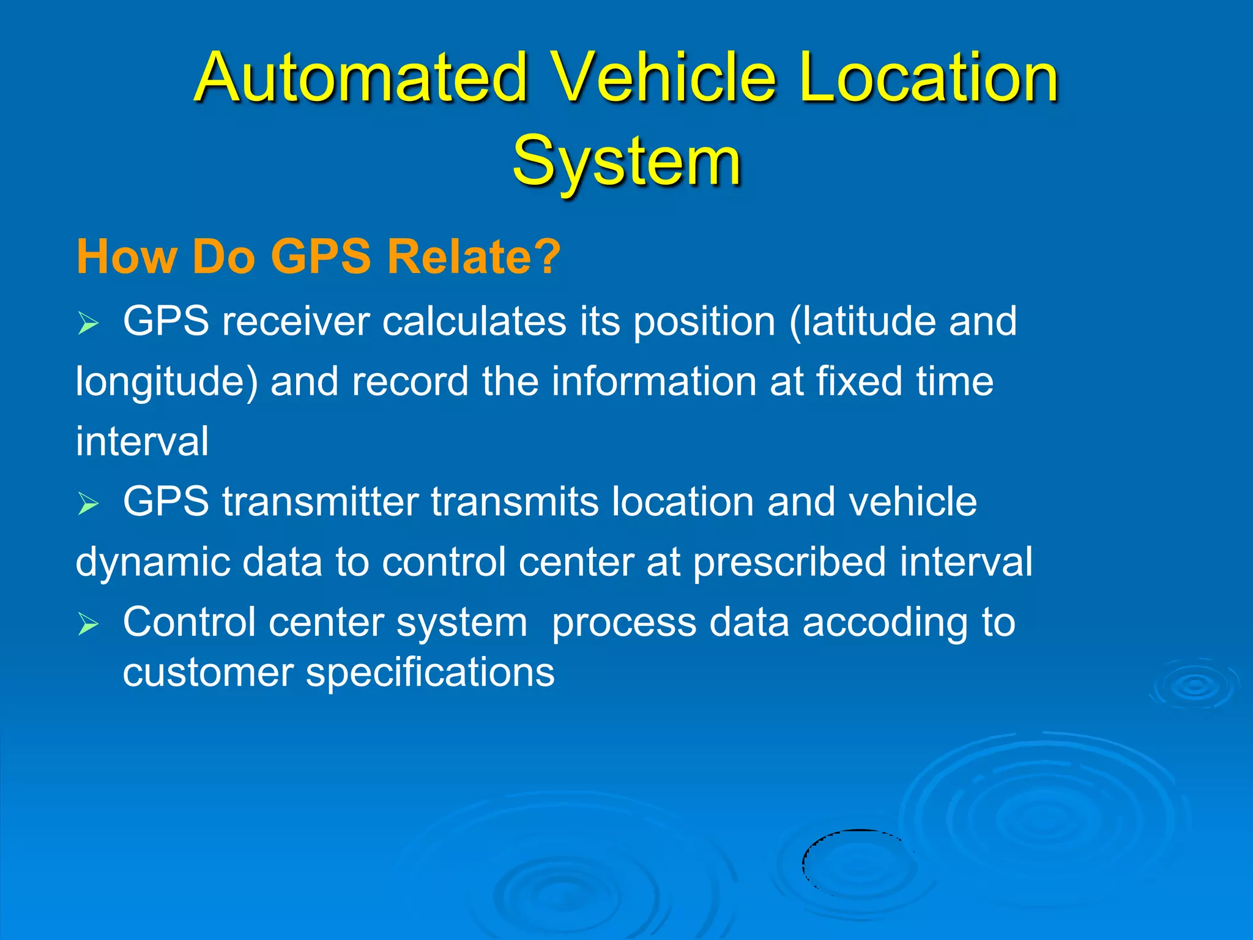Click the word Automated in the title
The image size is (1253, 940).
click(x=361, y=78)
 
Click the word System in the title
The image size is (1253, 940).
click(x=626, y=160)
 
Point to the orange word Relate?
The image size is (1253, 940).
click(x=474, y=256)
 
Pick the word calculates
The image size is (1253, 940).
click(x=474, y=321)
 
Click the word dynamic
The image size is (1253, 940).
click(x=153, y=562)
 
